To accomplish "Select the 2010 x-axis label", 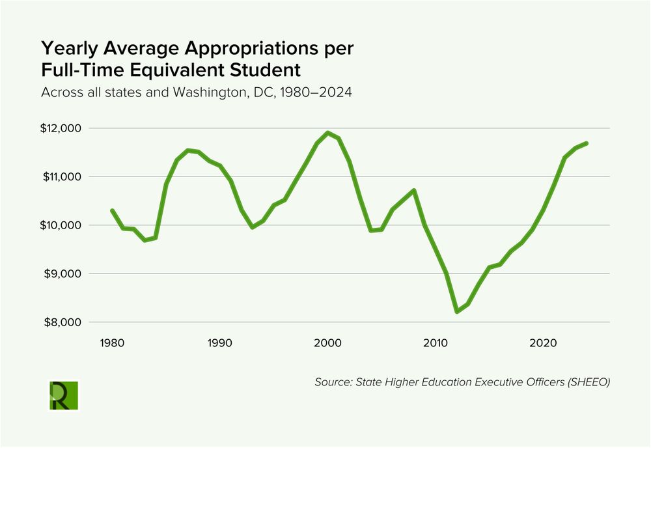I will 436,342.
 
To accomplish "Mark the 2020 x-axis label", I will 543,342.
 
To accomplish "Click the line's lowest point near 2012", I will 457,312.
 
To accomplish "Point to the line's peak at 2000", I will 327,133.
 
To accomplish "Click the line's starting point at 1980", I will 112,210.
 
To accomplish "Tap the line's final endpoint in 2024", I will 587,143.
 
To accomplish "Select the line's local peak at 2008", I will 414,190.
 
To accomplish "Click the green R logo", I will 64,395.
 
